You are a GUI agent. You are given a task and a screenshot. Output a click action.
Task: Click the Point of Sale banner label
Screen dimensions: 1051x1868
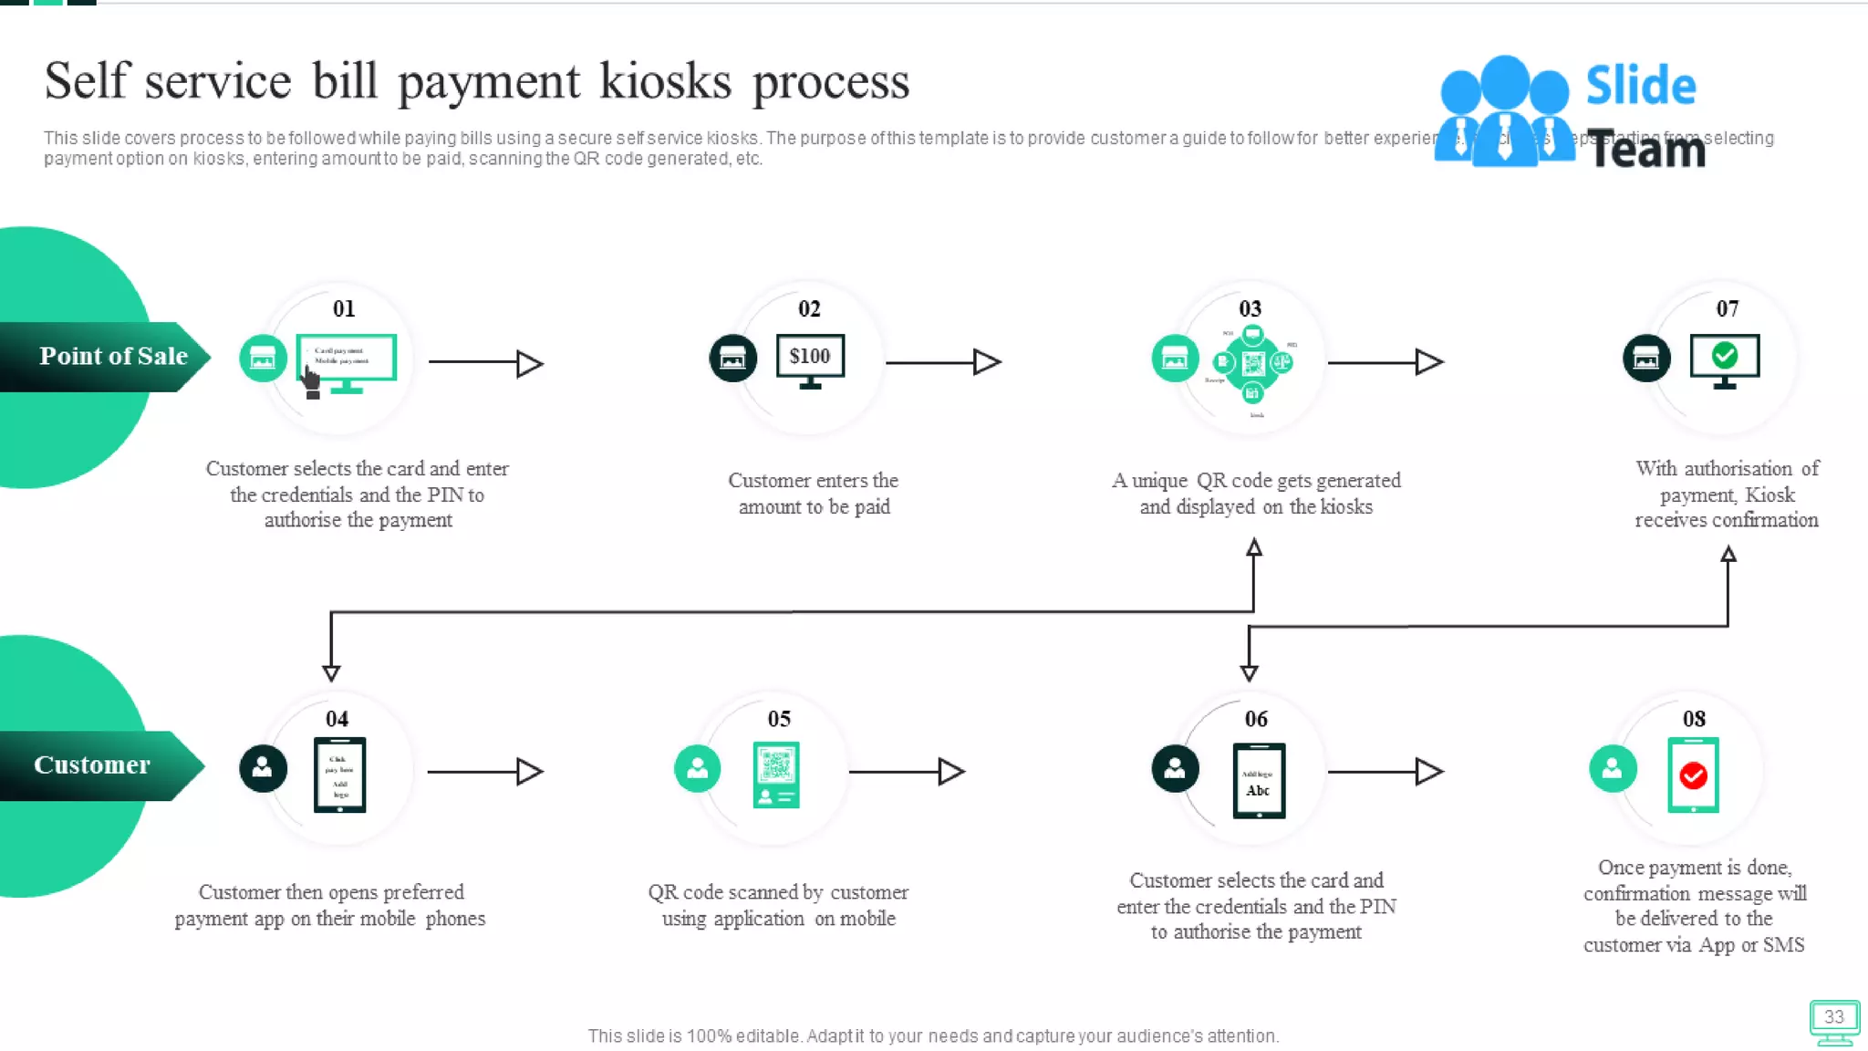[x=113, y=356]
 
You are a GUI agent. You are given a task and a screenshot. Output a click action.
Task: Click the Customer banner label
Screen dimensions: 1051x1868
[x=92, y=765]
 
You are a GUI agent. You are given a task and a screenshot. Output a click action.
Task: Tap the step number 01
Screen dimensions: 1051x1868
[x=344, y=309]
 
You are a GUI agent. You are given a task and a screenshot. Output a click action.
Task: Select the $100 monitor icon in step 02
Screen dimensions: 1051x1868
[x=810, y=359]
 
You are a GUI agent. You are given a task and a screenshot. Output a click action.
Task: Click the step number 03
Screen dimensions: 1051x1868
[x=1250, y=309]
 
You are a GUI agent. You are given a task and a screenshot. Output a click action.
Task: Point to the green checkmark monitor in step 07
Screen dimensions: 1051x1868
[x=1724, y=359]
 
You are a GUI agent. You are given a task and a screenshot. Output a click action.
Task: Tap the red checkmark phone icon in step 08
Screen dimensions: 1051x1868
[x=1693, y=775]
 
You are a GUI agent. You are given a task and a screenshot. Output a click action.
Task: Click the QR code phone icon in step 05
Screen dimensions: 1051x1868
[x=776, y=774]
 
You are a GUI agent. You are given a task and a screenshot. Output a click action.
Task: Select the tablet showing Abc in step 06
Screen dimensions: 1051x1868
[x=1259, y=781]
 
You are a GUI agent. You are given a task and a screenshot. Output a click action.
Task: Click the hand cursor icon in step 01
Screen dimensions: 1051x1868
[x=311, y=382]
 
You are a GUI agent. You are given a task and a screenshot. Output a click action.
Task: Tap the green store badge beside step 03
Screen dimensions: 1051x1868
[x=1175, y=359]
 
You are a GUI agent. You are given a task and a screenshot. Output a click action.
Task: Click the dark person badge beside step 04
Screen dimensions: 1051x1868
[x=263, y=768]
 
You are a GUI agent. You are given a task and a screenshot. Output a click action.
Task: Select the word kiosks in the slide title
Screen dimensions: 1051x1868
[x=665, y=81]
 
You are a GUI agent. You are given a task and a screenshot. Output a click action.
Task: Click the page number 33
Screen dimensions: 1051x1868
[x=1833, y=1017]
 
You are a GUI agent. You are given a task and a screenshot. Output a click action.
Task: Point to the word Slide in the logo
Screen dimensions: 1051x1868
[x=1640, y=86]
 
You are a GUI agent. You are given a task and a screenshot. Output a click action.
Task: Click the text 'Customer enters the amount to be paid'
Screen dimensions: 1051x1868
[x=814, y=494]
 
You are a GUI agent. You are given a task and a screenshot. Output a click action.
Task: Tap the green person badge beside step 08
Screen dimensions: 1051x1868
[x=1613, y=768]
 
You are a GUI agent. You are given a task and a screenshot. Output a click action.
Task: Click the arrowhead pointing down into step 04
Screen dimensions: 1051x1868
[x=331, y=673]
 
